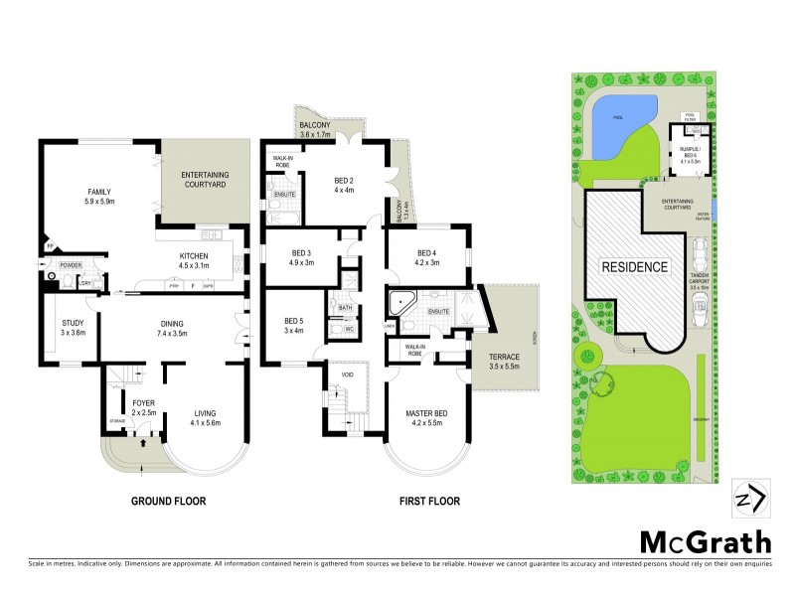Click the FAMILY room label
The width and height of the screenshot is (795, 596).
[x=99, y=192]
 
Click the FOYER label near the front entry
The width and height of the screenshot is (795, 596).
[x=143, y=402]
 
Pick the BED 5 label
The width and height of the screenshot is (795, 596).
[x=294, y=321]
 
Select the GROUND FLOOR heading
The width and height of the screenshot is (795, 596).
[x=169, y=502]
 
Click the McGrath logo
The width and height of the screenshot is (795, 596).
[x=705, y=542]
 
